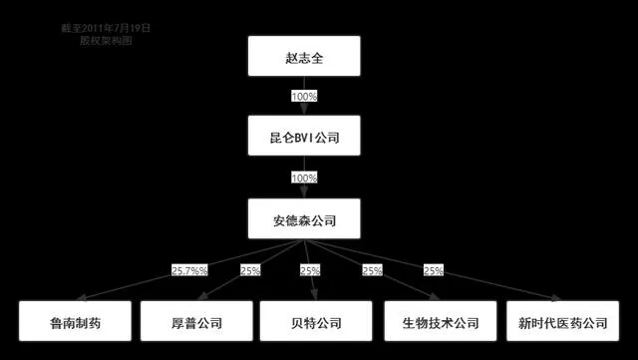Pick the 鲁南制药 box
click(75, 322)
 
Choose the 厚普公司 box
click(194, 322)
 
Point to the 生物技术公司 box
click(440, 322)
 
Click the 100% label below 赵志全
click(303, 97)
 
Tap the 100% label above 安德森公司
click(303, 178)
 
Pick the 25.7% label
click(188, 270)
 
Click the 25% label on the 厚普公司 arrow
click(250, 270)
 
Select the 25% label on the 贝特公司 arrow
click(311, 270)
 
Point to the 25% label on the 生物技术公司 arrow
click(372, 270)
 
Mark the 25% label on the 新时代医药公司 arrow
click(433, 270)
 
